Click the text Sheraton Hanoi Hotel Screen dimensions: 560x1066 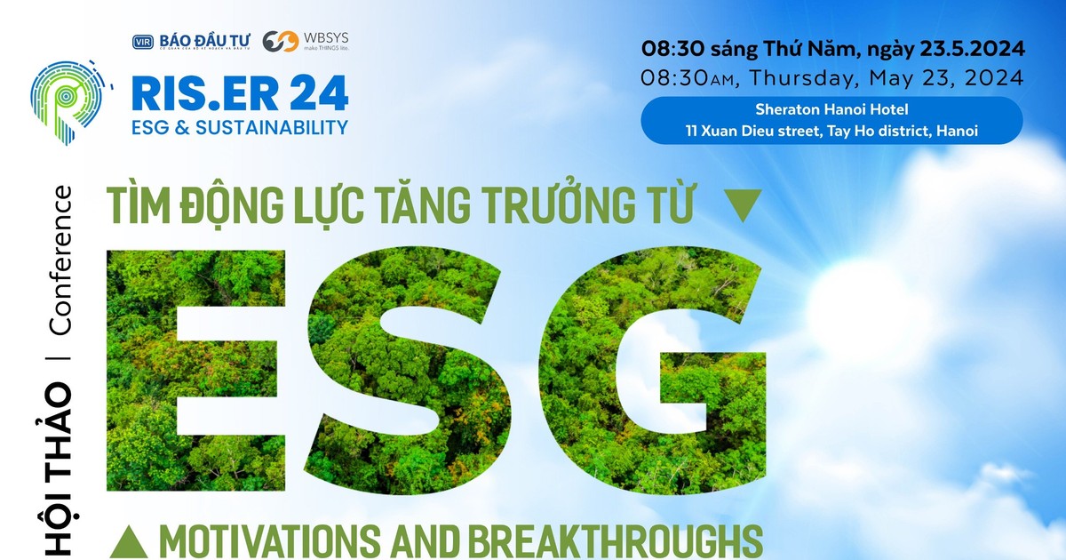coord(831,111)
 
